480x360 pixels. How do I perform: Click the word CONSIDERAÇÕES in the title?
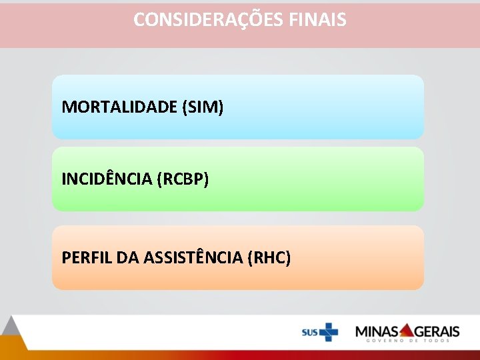coord(209,19)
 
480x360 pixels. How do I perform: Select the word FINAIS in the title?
coord(318,19)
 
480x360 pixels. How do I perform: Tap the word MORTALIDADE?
coord(119,107)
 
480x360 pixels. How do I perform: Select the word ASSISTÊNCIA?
coord(191,257)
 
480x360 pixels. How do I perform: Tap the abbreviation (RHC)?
coord(269,257)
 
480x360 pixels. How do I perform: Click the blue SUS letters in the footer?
coord(309,332)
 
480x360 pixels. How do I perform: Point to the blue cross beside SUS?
coord(328,331)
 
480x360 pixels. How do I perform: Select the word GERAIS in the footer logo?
coord(437,331)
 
